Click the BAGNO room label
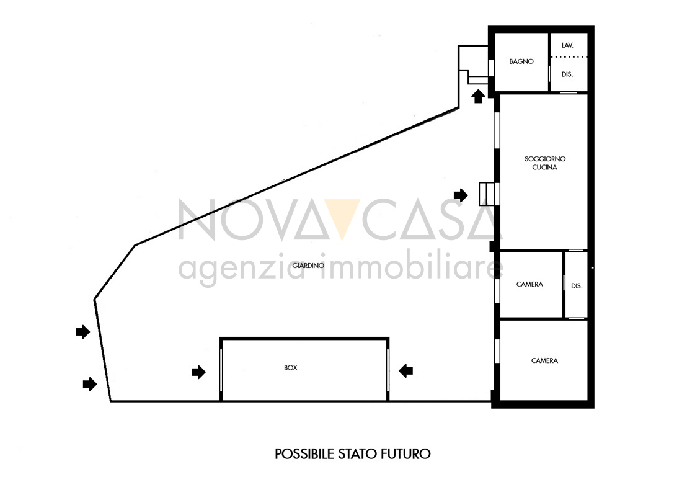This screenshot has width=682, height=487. [521, 61]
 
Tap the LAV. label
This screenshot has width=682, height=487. [567, 45]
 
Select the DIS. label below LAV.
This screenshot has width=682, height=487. [567, 74]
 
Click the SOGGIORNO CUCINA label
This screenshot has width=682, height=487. [544, 163]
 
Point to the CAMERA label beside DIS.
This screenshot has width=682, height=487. [529, 284]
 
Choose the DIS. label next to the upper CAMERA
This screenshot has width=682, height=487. [577, 286]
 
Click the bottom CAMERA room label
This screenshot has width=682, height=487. [544, 360]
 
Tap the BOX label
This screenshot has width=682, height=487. [291, 368]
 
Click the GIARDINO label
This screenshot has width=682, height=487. [308, 265]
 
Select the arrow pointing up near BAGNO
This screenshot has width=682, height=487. [479, 96]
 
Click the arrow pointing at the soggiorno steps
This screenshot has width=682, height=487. [461, 195]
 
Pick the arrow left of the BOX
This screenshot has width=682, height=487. [198, 372]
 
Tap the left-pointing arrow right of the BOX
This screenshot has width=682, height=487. [406, 371]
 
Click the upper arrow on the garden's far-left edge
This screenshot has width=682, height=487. [82, 332]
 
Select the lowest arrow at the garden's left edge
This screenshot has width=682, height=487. [90, 384]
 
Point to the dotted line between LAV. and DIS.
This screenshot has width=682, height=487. [569, 57]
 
